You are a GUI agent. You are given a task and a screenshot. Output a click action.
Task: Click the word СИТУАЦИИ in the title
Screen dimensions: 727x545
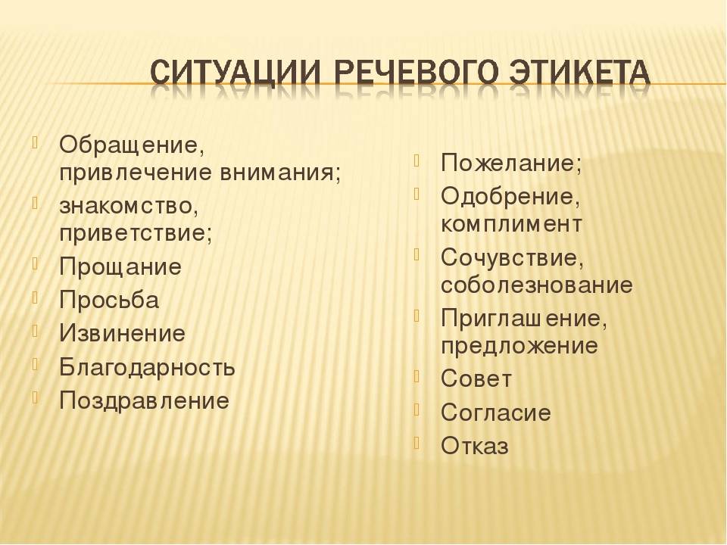pos(235,73)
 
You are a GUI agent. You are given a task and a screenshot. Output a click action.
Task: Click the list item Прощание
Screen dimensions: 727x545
pos(120,267)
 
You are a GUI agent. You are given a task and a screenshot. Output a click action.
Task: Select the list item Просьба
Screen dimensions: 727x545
pos(109,300)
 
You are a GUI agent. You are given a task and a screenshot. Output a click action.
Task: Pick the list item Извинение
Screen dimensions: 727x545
pos(123,333)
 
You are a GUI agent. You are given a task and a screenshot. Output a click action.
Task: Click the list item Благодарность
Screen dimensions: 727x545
pos(147,367)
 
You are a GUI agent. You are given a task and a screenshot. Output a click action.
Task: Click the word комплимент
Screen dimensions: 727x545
pos(511,224)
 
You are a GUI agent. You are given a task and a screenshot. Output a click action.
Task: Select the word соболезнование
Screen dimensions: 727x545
pos(536,285)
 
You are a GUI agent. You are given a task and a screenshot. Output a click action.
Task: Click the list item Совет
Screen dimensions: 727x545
pos(476,378)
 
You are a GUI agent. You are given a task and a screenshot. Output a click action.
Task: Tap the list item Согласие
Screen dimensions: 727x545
pos(495,413)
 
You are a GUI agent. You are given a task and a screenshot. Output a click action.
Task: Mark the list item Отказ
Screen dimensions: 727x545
pos(475,446)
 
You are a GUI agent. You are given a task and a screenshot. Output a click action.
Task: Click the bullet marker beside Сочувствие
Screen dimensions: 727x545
pos(417,254)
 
